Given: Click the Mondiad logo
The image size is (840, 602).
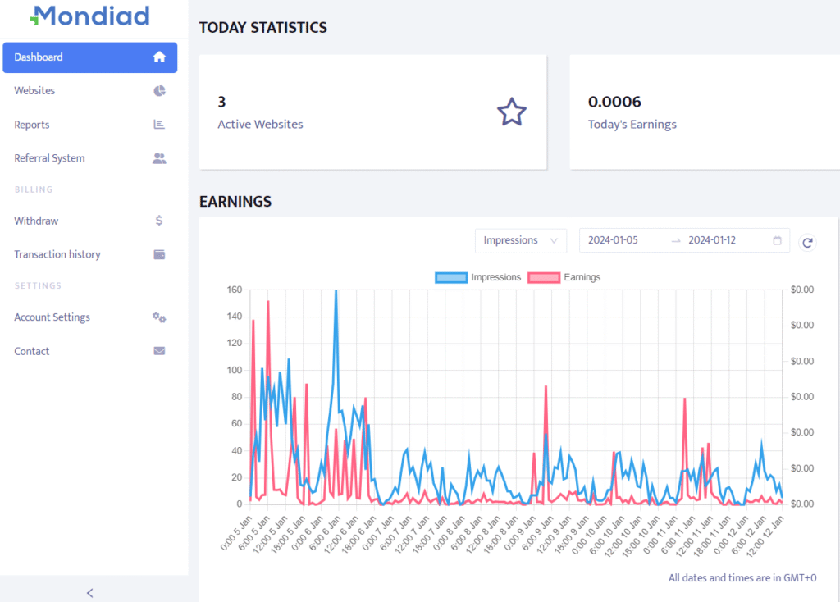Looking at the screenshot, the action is click(x=90, y=16).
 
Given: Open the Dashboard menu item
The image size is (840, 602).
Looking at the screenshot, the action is click(x=90, y=57).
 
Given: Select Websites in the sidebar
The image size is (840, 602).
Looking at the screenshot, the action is click(x=34, y=90).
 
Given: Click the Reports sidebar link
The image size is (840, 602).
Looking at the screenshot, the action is click(x=32, y=125).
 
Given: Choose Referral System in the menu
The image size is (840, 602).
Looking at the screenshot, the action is click(x=49, y=158).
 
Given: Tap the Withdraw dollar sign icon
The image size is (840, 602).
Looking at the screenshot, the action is click(x=159, y=221).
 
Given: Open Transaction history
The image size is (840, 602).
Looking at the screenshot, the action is click(x=57, y=254).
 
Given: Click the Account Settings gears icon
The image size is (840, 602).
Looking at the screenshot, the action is click(x=159, y=317).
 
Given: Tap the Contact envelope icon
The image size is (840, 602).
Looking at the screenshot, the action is click(x=159, y=351).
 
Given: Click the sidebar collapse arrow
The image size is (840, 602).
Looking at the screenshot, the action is click(x=90, y=593).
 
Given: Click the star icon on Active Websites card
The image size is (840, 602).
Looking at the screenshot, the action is click(x=512, y=112).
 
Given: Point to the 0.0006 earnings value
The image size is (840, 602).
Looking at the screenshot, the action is click(x=614, y=102).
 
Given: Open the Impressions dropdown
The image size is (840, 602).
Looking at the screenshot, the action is click(x=521, y=240).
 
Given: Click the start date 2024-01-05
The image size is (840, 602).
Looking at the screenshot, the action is click(x=613, y=240).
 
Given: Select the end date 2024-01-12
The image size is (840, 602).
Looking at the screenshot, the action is click(x=712, y=240).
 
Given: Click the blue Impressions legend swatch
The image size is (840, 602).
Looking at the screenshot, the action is click(x=451, y=277).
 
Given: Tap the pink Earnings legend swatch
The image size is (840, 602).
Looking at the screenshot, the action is click(x=544, y=277).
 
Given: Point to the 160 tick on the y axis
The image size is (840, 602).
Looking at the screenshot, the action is click(x=235, y=290).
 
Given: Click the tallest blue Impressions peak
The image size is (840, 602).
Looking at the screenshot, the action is click(x=336, y=291).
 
